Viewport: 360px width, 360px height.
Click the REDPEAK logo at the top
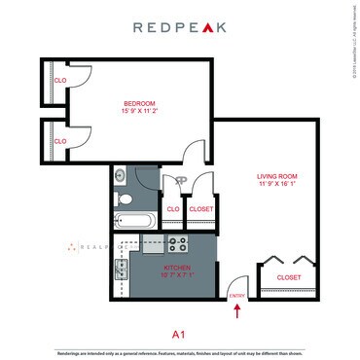pos(179,28)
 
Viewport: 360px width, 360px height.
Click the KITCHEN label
pos(150,267)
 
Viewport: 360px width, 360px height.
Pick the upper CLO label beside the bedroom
pos(59,80)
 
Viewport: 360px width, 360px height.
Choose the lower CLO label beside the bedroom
pos(59,141)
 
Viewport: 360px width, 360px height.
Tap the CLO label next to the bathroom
pos(172,208)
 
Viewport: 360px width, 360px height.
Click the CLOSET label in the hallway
pos(201,208)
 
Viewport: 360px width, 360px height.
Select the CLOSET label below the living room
pos(289,277)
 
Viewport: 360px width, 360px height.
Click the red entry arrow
pos(237,311)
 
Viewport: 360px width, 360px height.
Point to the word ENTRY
pos(235,295)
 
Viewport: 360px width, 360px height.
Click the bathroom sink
pos(120,175)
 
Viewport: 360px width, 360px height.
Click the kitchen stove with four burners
pos(178,244)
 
